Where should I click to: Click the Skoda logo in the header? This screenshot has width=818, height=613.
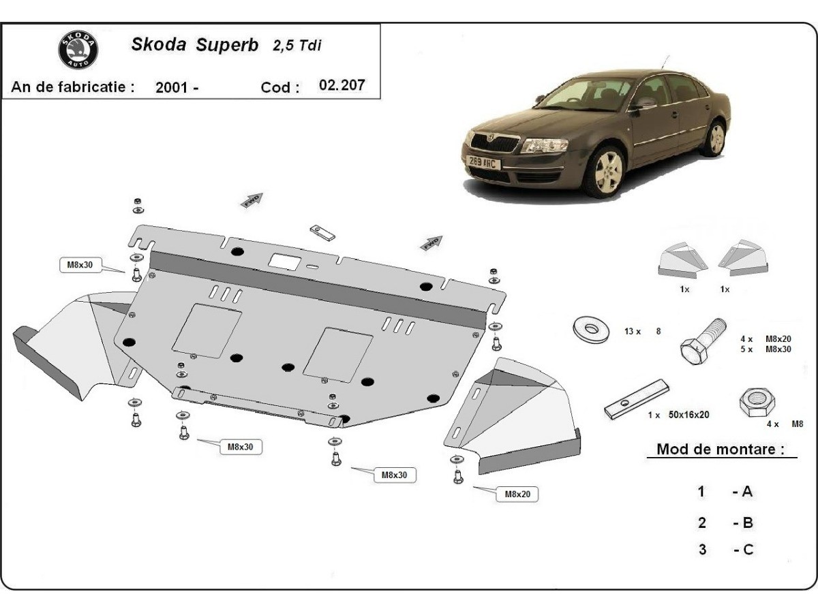(x=78, y=50)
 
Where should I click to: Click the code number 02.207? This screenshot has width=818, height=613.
(x=342, y=85)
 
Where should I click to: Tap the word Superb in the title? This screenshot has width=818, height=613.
(x=227, y=45)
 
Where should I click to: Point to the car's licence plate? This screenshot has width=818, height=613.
(x=484, y=162)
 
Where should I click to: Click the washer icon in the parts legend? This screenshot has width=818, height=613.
(x=590, y=330)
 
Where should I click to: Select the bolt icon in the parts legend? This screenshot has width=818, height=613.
(x=703, y=341)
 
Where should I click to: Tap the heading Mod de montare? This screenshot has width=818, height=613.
(x=720, y=449)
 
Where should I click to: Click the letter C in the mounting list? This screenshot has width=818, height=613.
(x=748, y=549)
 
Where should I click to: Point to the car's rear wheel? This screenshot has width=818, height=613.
(x=714, y=138)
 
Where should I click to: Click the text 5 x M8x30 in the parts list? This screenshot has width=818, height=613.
(x=765, y=349)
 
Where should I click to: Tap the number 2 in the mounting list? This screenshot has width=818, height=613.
(x=702, y=523)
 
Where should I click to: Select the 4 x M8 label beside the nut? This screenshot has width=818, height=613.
(x=784, y=424)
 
